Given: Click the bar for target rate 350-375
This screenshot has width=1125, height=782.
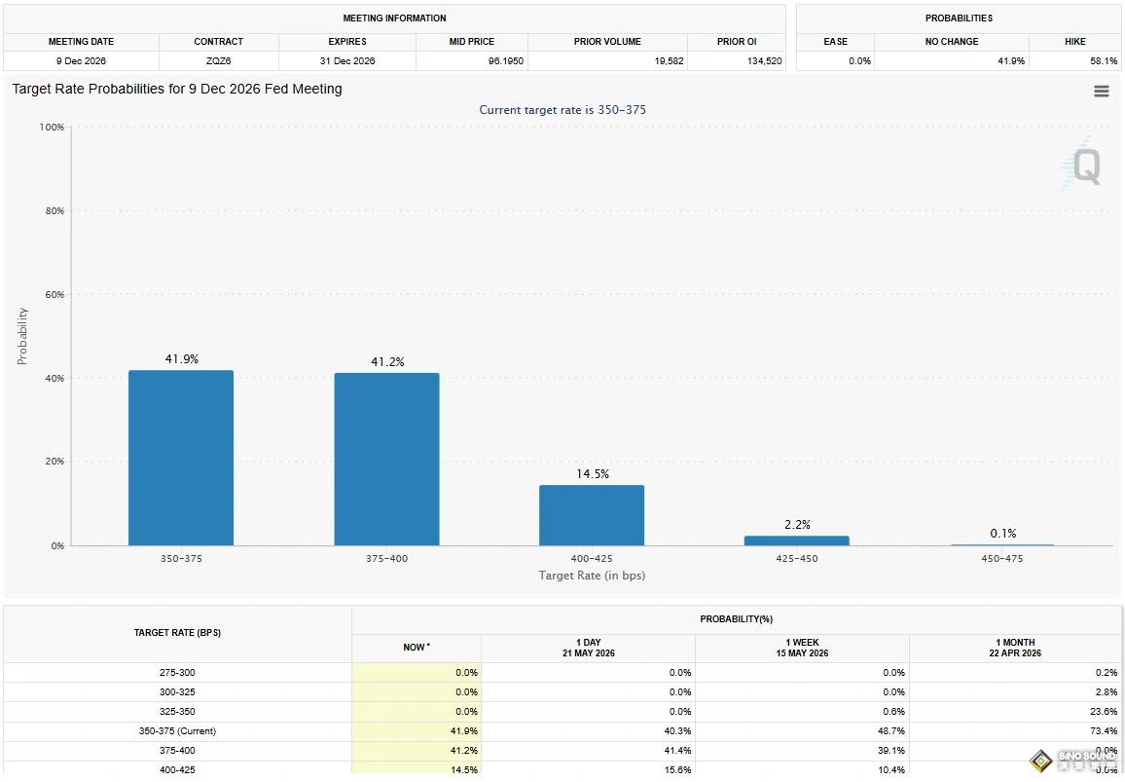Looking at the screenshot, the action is [x=181, y=458].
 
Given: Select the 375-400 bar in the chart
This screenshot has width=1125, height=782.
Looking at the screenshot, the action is [x=386, y=460].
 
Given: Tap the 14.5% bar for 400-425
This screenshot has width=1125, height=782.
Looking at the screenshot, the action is [x=592, y=515].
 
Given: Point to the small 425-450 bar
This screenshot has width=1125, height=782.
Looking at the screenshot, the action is [x=797, y=540].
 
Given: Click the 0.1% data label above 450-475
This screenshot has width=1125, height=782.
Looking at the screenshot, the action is [x=1003, y=533].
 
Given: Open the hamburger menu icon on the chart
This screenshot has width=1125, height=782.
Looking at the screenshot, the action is [x=1102, y=92].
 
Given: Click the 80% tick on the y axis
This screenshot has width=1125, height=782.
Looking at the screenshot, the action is [x=54, y=211].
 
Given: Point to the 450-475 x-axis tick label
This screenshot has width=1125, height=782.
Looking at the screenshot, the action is [x=1002, y=559].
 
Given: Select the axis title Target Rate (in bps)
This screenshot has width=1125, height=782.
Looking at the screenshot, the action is [x=592, y=576].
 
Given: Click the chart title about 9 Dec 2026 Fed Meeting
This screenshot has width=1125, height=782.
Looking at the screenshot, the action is [x=177, y=89].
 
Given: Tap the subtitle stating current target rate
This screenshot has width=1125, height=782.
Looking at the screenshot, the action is [x=562, y=110].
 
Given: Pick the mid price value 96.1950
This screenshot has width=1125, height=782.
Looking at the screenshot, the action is [x=506, y=61].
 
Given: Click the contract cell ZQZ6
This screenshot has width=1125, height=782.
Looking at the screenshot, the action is [x=219, y=61].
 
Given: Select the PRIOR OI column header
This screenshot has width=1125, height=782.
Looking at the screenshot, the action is [x=737, y=42].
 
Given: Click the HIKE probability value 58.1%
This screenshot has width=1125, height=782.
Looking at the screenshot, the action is [x=1104, y=61].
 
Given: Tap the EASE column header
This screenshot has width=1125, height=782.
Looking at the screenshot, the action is [x=835, y=42].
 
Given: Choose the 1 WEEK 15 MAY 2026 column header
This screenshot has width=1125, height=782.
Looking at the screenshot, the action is [x=802, y=648].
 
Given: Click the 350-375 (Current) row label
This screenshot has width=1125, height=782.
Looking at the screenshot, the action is [x=177, y=731].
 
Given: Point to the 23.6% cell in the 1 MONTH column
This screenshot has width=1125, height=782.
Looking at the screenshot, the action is [x=1104, y=712].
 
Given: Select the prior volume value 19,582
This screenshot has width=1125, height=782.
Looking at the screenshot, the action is [x=669, y=61].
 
